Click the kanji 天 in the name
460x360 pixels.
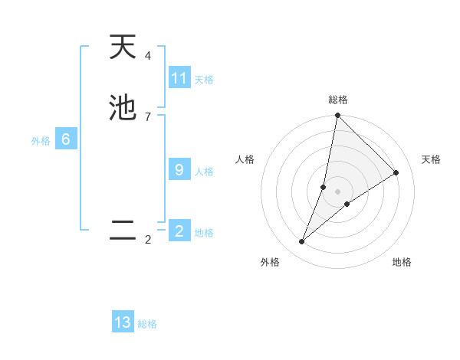click(x=123, y=47)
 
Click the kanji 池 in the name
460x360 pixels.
click(x=123, y=108)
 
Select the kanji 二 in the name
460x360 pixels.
click(x=123, y=231)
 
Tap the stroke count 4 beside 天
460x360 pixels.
click(x=148, y=56)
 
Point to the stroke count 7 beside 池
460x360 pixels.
click(x=148, y=116)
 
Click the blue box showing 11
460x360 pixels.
click(x=179, y=78)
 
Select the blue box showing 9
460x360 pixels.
click(x=179, y=170)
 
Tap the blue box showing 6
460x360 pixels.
click(x=66, y=139)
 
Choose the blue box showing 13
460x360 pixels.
click(x=123, y=322)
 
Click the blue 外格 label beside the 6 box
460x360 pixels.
click(x=41, y=141)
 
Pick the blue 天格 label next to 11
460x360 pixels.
click(x=204, y=80)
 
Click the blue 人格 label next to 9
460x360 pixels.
click(x=204, y=172)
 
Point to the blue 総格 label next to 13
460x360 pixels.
click(x=147, y=324)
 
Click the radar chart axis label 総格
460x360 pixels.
click(x=338, y=100)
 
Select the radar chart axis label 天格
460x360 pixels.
click(x=431, y=159)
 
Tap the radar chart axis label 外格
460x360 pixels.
click(x=270, y=262)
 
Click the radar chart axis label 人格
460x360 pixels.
click(x=245, y=159)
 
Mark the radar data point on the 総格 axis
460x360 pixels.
click(x=338, y=116)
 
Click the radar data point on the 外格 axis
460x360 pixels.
click(x=302, y=242)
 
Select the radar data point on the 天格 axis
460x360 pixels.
click(x=396, y=173)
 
